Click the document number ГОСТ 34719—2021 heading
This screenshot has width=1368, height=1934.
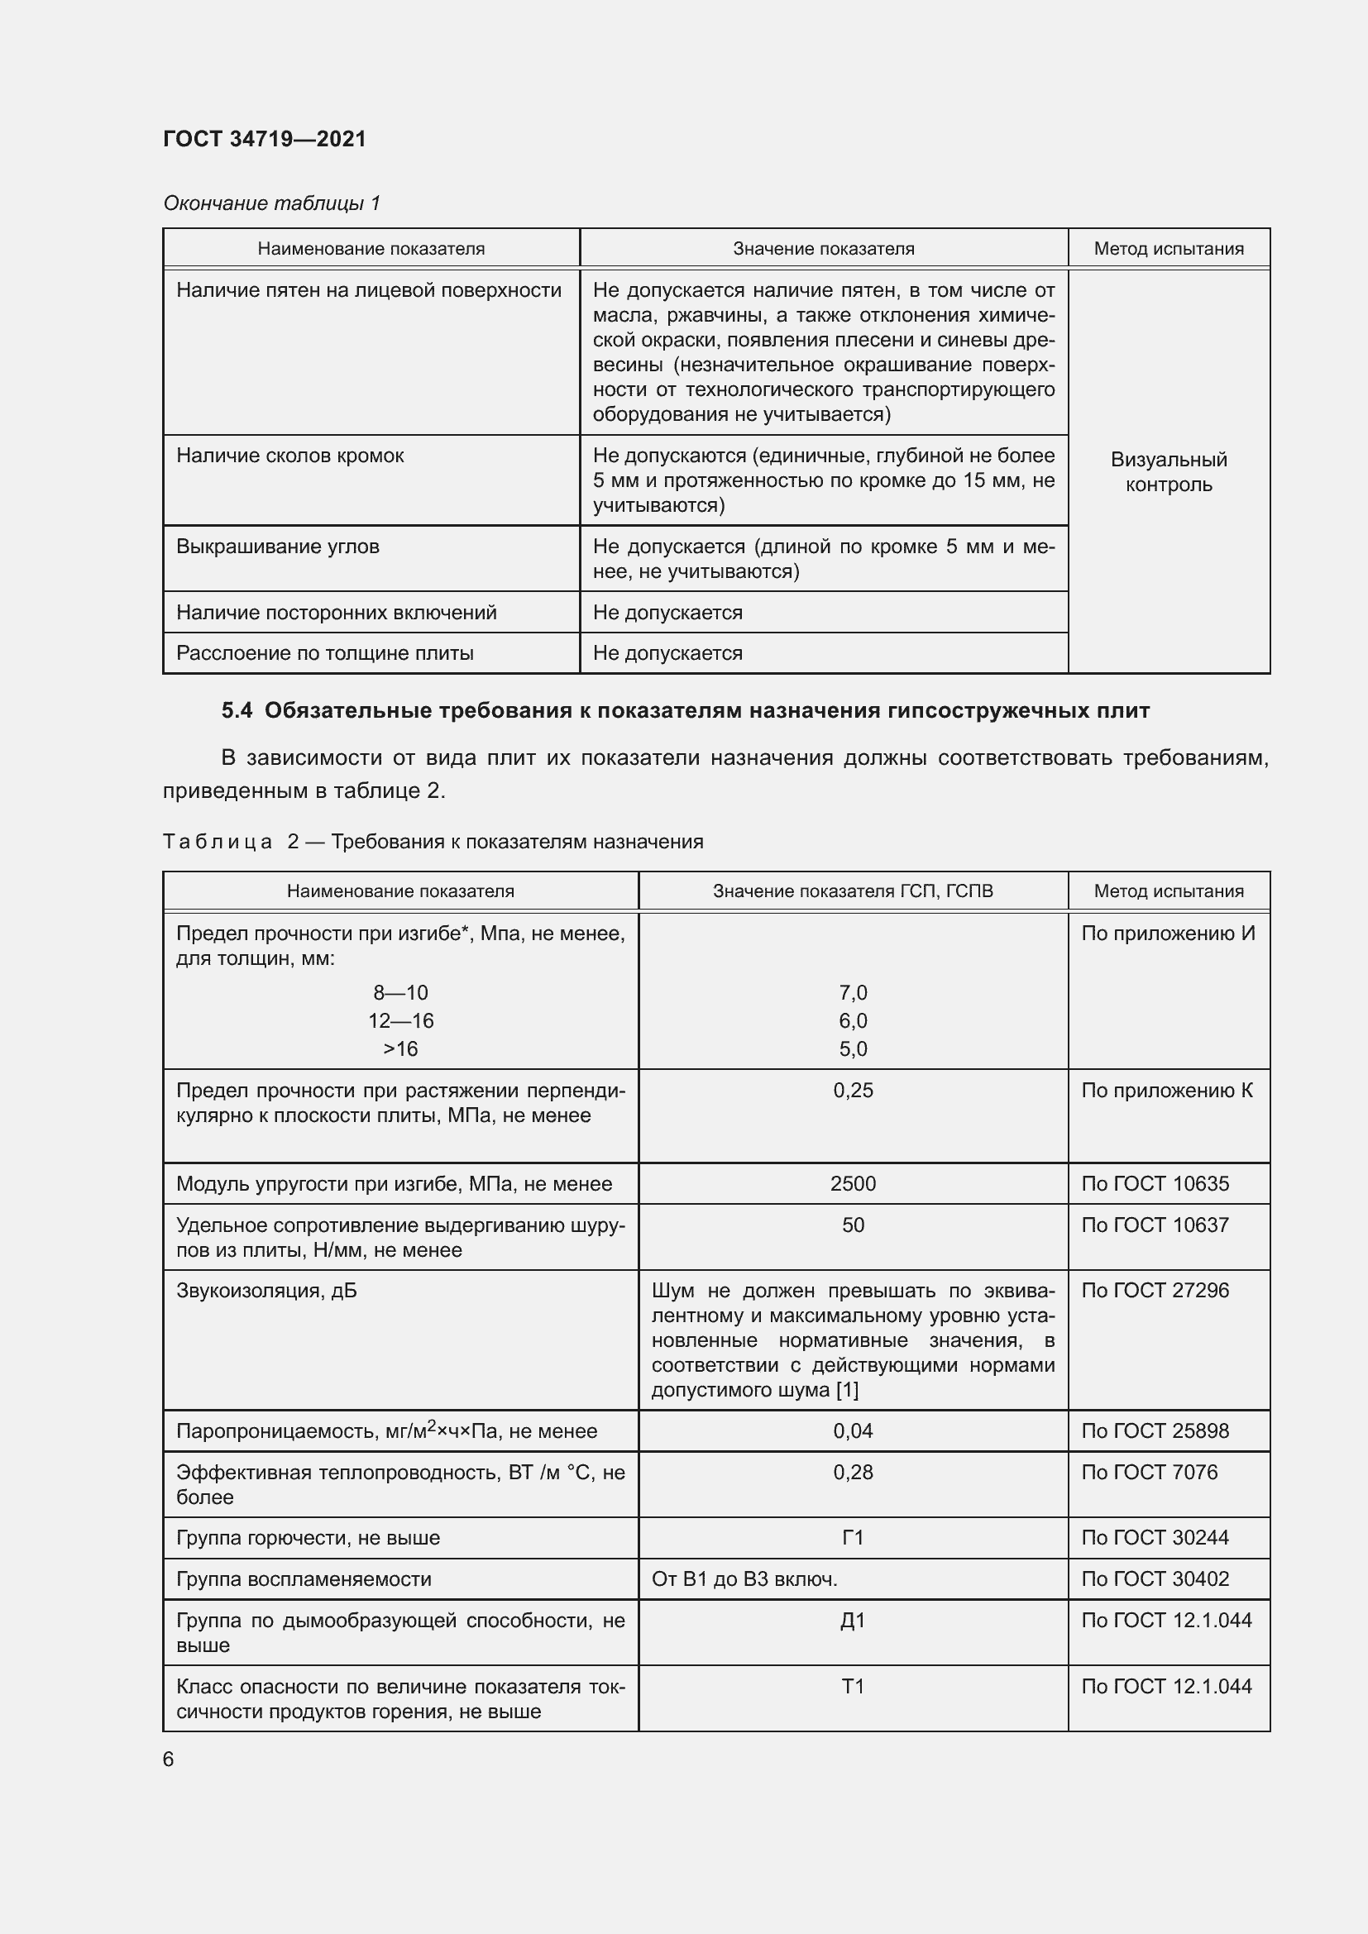[265, 139]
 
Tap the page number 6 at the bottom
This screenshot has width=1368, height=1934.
[169, 1759]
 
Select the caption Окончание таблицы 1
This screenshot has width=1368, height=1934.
[271, 203]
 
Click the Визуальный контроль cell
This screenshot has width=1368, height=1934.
[1169, 471]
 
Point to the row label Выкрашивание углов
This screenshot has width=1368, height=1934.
[277, 547]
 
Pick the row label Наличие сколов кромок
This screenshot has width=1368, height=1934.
[289, 456]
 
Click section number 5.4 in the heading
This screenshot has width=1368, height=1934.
[237, 711]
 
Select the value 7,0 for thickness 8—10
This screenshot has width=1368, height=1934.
[853, 992]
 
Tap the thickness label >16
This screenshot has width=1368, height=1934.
[400, 1048]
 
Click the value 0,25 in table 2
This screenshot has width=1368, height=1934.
[853, 1090]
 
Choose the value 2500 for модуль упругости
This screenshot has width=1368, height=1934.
[853, 1183]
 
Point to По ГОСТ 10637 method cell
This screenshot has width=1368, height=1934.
[1155, 1225]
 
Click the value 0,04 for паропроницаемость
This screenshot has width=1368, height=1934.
[853, 1431]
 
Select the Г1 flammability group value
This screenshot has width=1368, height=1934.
[853, 1538]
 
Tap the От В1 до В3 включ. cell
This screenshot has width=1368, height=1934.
[744, 1579]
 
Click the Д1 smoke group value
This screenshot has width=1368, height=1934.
[853, 1621]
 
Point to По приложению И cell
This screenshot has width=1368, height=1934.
[1168, 934]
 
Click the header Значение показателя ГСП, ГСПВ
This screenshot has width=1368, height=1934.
[853, 891]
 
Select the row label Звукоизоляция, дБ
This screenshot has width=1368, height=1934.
[266, 1291]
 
